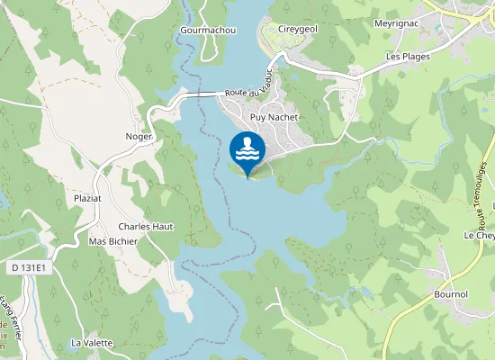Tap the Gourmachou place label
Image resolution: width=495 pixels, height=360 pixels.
(208, 29)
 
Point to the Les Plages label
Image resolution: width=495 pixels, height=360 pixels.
(408, 56)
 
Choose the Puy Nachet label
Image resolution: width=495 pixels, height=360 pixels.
(274, 117)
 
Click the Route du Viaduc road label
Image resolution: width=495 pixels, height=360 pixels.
(248, 93)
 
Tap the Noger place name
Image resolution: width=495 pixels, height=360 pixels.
(139, 136)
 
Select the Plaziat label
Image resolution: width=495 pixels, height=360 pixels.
(87, 197)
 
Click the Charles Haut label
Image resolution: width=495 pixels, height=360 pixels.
(145, 227)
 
